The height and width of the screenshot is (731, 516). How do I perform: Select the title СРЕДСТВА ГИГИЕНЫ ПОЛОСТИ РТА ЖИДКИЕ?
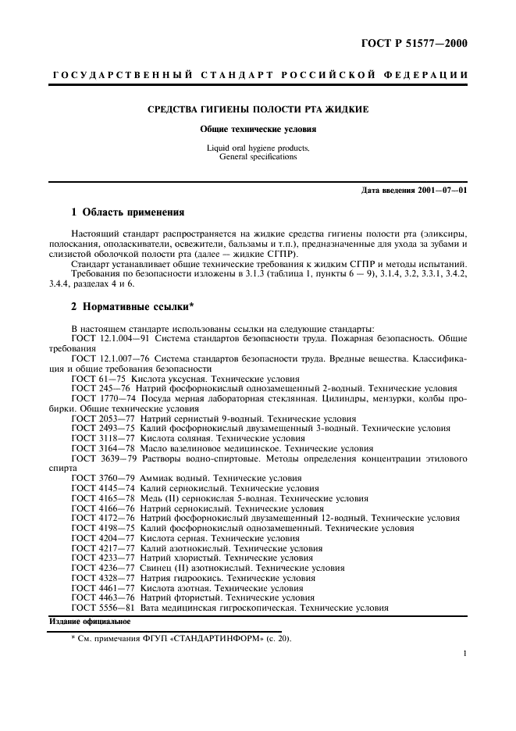(258, 109)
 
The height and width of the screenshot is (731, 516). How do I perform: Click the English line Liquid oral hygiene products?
(258, 148)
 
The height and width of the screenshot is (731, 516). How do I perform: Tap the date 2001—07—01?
(440, 190)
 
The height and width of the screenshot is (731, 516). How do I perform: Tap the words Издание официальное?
(90, 621)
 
